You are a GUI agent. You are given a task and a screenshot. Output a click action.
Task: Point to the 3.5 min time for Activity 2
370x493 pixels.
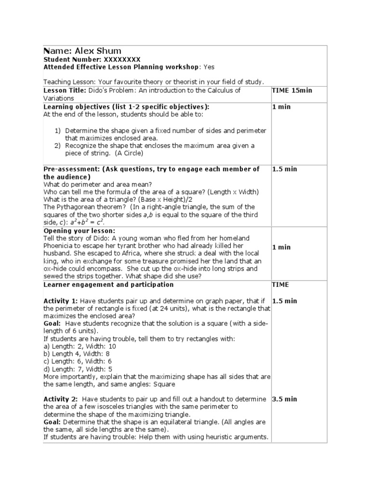pyautogui.click(x=284, y=399)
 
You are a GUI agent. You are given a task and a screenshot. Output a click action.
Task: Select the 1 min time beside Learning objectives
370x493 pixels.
pyautogui.click(x=281, y=107)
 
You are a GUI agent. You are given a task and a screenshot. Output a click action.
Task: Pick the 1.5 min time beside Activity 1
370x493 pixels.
pyautogui.click(x=284, y=301)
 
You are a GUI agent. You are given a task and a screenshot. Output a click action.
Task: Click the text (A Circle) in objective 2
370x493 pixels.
pyautogui.click(x=128, y=154)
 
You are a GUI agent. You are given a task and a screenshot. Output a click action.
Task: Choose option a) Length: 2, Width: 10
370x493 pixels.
pyautogui.click(x=79, y=346)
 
